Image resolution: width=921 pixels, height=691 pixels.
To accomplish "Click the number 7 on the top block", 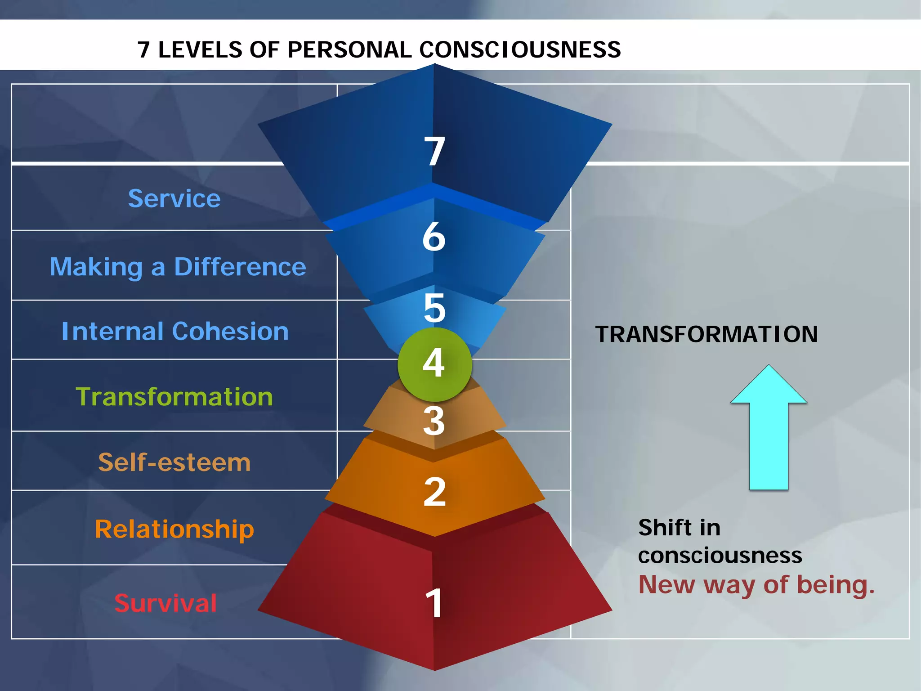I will tap(434, 151).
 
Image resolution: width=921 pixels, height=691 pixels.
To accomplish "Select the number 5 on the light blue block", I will tap(434, 308).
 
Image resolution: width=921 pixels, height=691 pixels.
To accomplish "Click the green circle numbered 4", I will tap(434, 364).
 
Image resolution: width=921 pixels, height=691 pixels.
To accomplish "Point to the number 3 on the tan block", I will tap(434, 421).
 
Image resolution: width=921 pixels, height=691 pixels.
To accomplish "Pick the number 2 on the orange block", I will tap(434, 492).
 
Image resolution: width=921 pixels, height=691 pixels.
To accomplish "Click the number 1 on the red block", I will tap(434, 603).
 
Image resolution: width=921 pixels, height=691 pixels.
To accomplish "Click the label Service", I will tap(174, 198).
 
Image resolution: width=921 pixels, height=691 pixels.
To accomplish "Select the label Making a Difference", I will tap(178, 267).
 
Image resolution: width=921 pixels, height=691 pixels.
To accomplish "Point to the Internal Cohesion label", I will tap(175, 331).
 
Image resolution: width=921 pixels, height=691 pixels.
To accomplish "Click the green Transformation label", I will tap(174, 397).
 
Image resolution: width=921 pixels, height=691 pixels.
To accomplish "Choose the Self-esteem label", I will tap(174, 462).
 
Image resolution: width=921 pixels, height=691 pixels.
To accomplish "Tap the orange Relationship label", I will tap(174, 529).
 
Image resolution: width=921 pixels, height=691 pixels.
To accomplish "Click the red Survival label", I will tap(165, 603).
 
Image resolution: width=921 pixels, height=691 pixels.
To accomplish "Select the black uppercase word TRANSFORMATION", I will tap(706, 334).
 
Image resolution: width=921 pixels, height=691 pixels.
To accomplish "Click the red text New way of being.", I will tap(756, 585).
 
